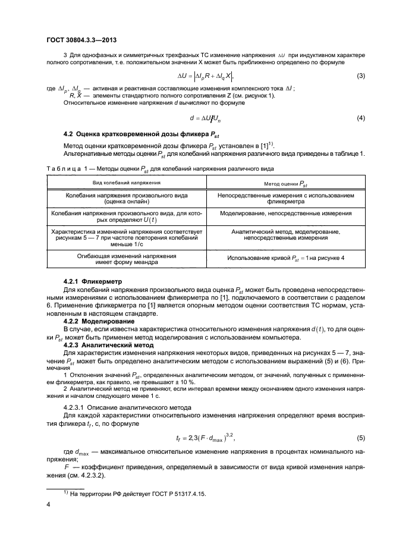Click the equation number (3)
click(x=361, y=76)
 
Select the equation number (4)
click(x=361, y=118)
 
